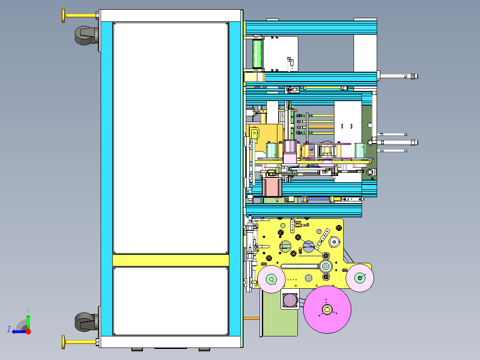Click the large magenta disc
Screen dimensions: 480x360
coord(327,310)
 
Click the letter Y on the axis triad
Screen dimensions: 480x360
coord(28,310)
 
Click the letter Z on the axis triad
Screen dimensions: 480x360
coord(9,329)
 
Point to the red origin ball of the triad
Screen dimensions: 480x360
coord(28,331)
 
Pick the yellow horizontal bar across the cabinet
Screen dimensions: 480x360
coord(171,261)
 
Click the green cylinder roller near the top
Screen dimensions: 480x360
coord(257,53)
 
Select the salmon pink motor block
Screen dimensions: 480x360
coord(272,187)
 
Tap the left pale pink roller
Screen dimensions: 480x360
coord(271,279)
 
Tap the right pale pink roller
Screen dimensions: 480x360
coord(360,278)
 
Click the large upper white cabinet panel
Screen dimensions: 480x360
coord(171,138)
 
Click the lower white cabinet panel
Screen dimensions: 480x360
coord(171,301)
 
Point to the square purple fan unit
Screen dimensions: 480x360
coord(290,300)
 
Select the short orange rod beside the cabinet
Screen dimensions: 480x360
coord(252,319)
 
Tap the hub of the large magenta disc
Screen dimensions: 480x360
coord(327,310)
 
